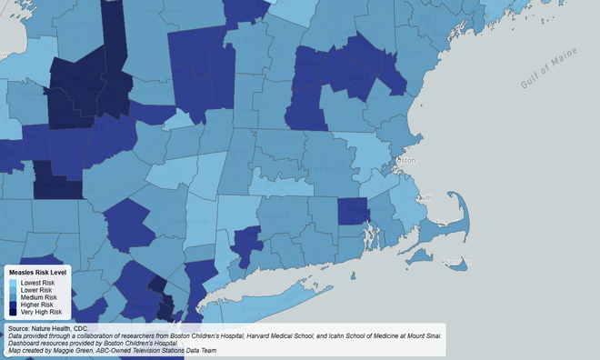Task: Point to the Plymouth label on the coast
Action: tap(425, 197)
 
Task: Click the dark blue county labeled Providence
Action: tap(353, 214)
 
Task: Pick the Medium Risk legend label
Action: tap(38, 297)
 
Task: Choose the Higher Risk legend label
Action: tap(37, 305)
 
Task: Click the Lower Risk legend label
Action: tap(36, 290)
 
